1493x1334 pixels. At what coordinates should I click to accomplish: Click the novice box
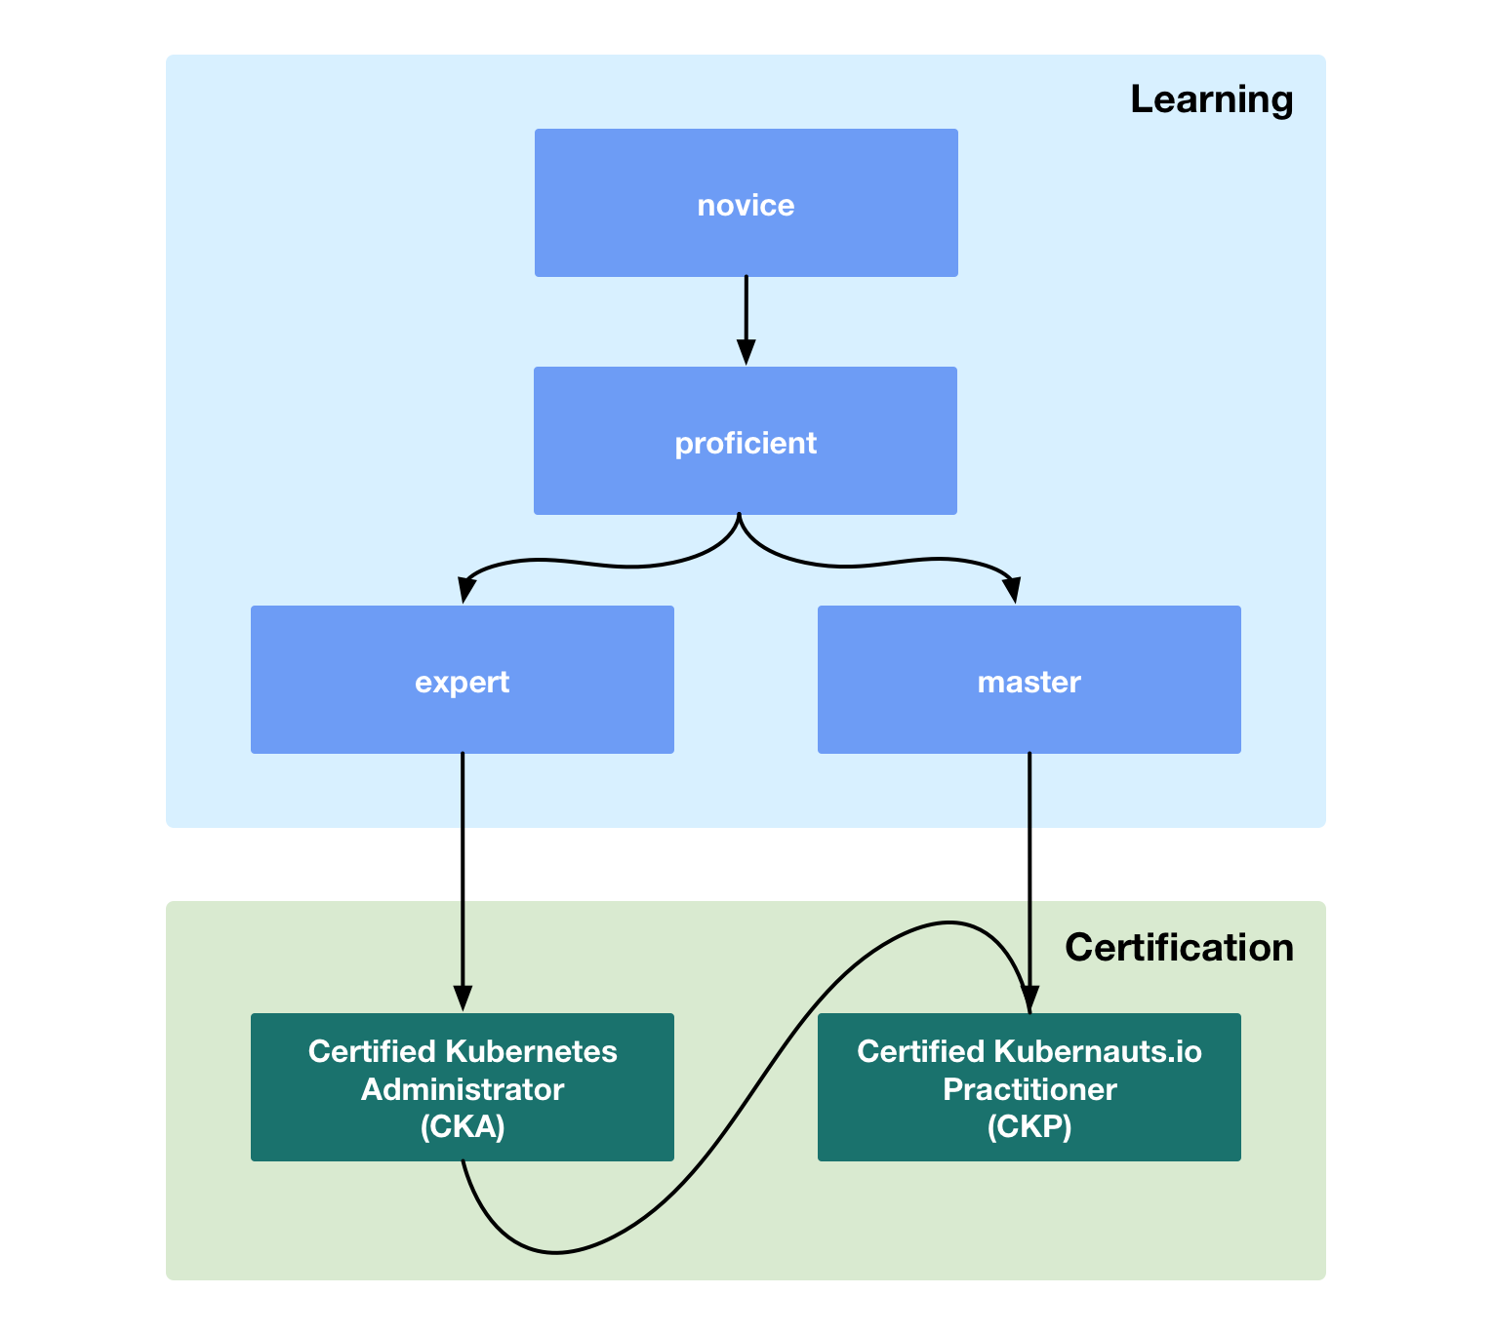coord(746,203)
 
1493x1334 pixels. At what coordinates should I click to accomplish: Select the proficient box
coord(746,441)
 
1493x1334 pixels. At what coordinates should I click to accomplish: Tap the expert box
coord(462,680)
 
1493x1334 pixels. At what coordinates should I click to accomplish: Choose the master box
coord(1029,680)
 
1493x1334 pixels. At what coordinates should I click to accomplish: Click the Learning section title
coord(1211,99)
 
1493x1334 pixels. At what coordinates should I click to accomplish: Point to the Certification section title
coord(1179,948)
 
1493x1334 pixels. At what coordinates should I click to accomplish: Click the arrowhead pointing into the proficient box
coord(746,353)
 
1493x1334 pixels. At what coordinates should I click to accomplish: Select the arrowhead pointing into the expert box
coord(466,591)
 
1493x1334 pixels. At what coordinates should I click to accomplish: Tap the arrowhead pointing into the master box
coord(1012,591)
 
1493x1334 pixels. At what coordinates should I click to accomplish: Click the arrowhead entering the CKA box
coord(463,999)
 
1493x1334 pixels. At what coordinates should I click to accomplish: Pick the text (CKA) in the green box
coord(463,1127)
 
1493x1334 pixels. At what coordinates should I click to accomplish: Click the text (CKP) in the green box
coord(1029,1127)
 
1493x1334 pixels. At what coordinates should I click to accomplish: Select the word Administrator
coord(463,1089)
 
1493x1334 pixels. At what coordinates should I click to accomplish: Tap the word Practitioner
coord(1029,1089)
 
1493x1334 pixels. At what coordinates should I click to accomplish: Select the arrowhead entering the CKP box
coord(1029,1000)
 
